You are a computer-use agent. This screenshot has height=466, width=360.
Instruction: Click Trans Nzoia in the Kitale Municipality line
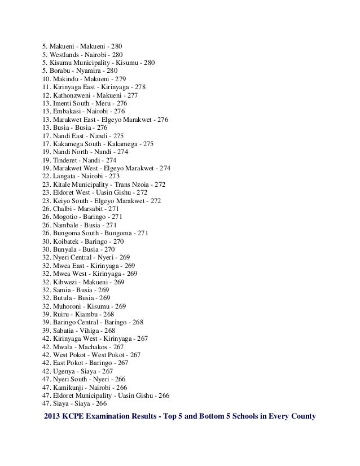134,184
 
